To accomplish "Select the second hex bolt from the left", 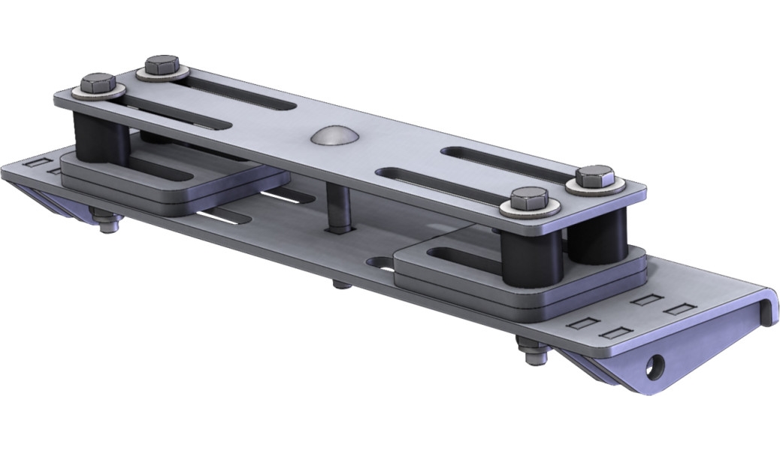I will [x=162, y=65].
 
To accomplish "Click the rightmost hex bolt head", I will [x=595, y=178].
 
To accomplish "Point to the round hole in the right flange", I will [x=658, y=364].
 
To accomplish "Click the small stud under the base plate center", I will [x=340, y=285].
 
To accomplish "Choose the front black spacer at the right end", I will [x=529, y=255].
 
